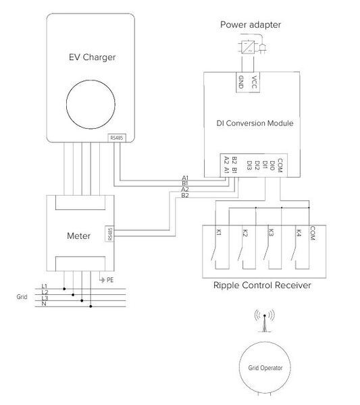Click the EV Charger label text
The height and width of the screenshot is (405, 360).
tap(89, 57)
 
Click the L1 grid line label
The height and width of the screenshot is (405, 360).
tap(45, 286)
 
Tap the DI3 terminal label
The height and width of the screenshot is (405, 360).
tap(249, 164)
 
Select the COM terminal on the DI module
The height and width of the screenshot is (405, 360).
tap(279, 164)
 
